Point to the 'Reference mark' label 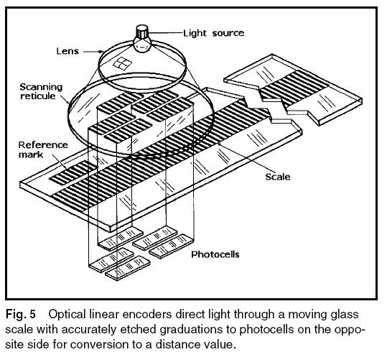pos(43,149)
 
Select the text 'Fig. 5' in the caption pos(20,314)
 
